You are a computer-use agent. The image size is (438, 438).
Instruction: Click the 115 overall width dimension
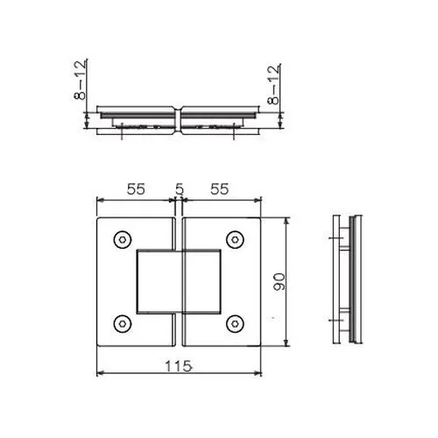tap(179, 366)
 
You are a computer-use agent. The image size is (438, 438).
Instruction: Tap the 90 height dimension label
tap(279, 282)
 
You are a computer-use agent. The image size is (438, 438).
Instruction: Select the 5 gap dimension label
tap(180, 189)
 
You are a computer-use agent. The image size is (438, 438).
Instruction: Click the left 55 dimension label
tap(136, 189)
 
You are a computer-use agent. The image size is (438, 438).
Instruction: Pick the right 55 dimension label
tap(219, 189)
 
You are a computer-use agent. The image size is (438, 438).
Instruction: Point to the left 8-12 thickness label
tap(80, 80)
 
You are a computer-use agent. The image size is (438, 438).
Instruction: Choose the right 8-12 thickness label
tap(273, 85)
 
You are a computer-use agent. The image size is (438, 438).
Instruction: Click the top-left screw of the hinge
tap(123, 240)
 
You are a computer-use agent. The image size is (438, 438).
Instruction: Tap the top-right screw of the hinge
tap(235, 240)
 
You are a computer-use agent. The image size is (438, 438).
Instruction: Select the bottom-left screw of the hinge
tap(123, 324)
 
